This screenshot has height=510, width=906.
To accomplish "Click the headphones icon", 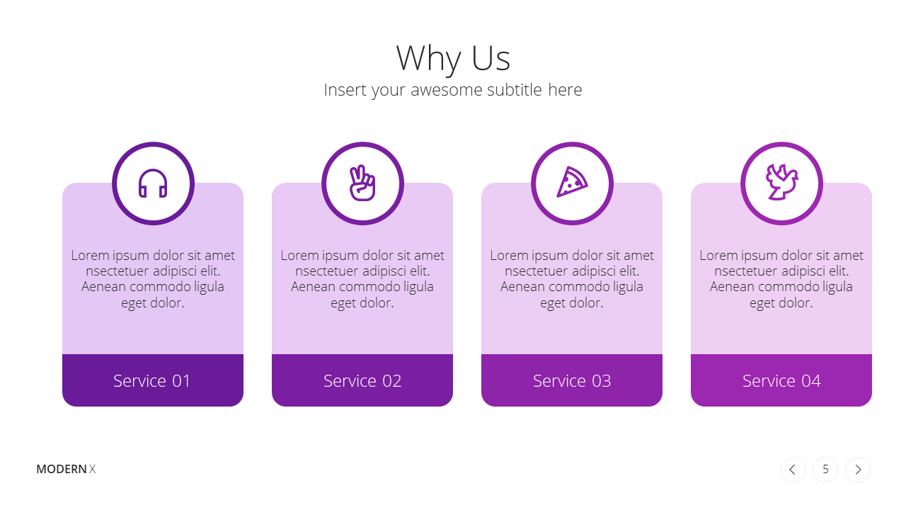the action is pos(153,183).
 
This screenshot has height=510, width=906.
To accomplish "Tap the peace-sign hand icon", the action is pos(362,183).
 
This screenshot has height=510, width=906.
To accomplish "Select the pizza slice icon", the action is pos(572,182).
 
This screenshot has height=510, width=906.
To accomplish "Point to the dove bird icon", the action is pos(782,182).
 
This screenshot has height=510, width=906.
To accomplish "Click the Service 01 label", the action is pos(151,381).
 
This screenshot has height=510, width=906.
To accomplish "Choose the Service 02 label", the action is pos(362,381).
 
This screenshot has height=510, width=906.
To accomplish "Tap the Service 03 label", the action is pos(572,381).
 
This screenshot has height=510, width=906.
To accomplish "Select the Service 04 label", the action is pos(781,381).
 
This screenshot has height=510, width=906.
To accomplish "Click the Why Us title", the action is pos(453,59).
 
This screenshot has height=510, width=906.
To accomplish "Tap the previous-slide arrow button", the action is pos(793,470).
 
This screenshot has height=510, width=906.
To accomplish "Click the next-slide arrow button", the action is pos(858,470).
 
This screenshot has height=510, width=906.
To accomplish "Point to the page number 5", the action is pos(825,470).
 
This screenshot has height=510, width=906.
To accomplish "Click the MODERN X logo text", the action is pos(66,469).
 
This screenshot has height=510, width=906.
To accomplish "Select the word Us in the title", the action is pos(491,59).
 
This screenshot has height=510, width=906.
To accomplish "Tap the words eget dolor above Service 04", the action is pos(781,303).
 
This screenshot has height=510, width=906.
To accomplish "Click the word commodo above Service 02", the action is pos(366,287).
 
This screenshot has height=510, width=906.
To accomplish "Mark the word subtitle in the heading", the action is pos(515,90).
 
